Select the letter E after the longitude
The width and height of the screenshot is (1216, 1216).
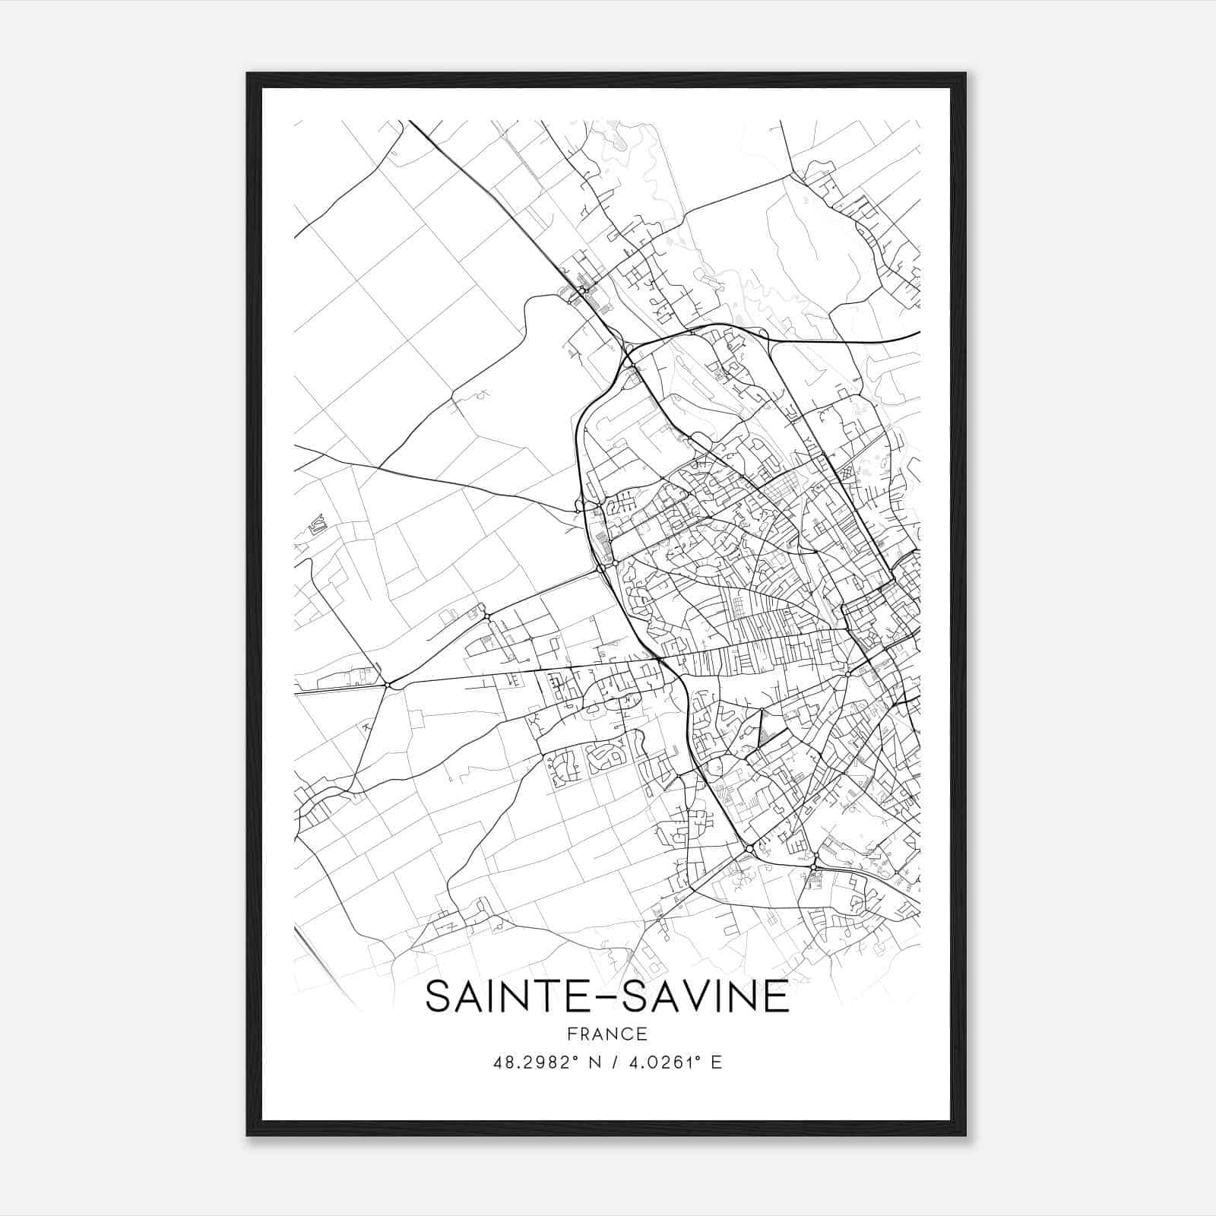pos(716,1062)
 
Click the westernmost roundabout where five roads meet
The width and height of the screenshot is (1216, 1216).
pos(388,685)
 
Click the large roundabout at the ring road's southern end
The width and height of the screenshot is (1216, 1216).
pos(749,847)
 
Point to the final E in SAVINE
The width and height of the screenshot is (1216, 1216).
pos(778,997)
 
